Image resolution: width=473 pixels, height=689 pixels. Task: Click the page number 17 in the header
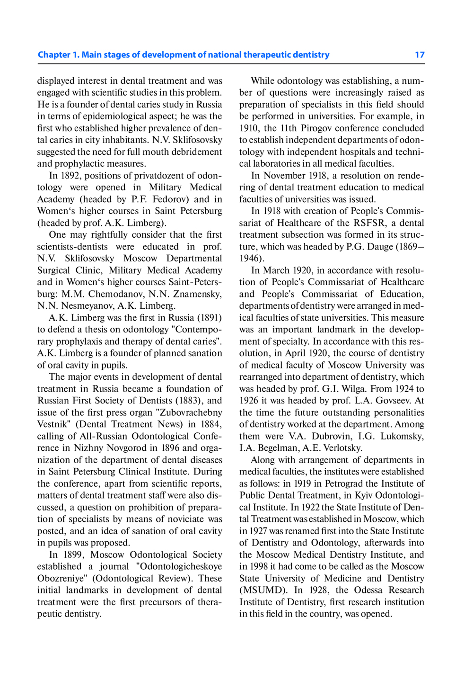(420, 55)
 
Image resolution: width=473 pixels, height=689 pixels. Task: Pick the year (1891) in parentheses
(210, 318)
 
